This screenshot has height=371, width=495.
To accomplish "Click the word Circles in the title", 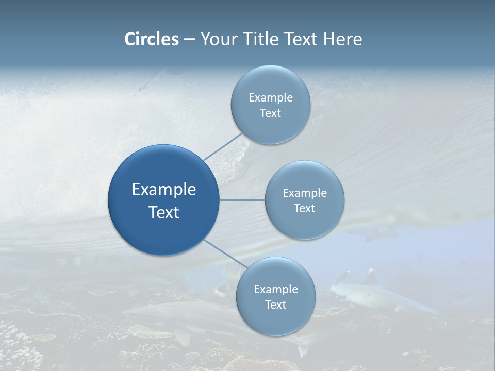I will (x=152, y=39).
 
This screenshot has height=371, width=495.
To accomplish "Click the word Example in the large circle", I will (x=164, y=189).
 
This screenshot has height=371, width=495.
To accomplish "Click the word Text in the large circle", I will (x=164, y=212).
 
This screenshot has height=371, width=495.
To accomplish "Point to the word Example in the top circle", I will (x=271, y=97).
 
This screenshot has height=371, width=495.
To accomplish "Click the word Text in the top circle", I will (x=271, y=113).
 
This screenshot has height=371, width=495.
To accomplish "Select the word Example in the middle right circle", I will (x=305, y=193).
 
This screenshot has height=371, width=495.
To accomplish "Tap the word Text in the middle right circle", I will (x=305, y=208).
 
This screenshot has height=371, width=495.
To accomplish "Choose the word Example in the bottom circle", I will (x=275, y=289).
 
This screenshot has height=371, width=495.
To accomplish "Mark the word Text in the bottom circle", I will (x=275, y=305).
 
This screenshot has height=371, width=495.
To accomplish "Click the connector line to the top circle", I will (x=223, y=146).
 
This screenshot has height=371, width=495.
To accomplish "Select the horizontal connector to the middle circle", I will (x=242, y=200).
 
